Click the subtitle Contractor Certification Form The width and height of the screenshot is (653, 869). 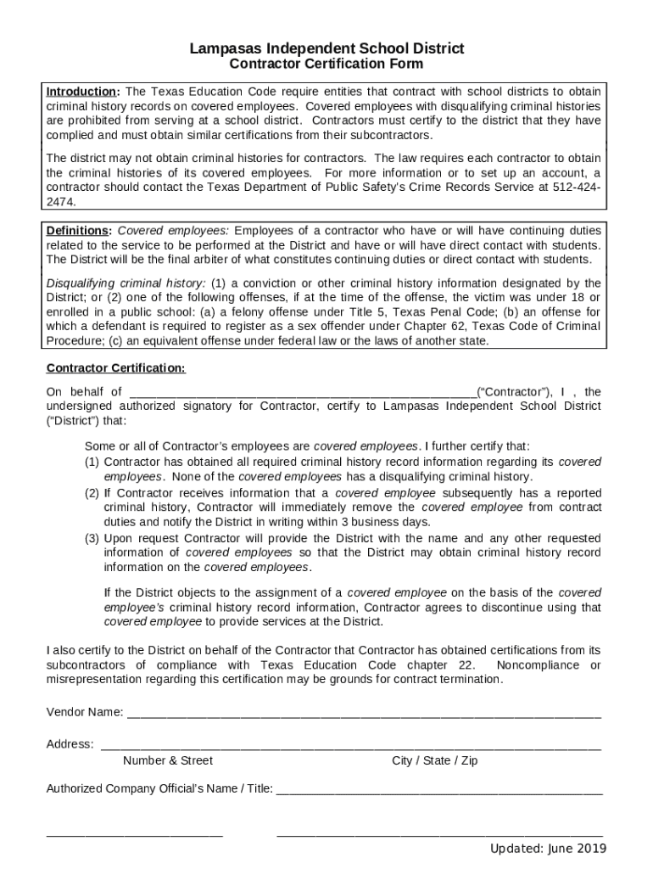coord(326,64)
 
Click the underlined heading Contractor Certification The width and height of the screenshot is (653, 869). coord(115,368)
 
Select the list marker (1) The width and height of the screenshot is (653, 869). coord(92,462)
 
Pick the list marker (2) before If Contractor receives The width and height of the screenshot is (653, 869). coord(92,493)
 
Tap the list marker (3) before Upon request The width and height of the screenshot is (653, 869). coord(92,539)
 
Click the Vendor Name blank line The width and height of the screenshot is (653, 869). coord(364,712)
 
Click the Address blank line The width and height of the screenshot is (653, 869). coord(351,745)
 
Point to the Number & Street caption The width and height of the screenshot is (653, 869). coord(168,760)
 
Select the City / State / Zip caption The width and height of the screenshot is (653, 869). coord(434,760)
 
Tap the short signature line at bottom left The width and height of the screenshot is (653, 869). coord(134,833)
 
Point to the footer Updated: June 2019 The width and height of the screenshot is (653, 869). coord(548,849)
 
